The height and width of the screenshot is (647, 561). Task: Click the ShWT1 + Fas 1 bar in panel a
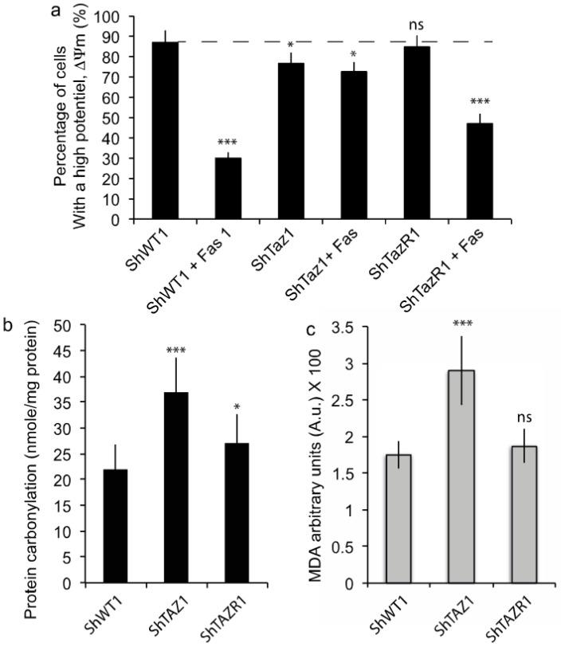pyautogui.click(x=228, y=188)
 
